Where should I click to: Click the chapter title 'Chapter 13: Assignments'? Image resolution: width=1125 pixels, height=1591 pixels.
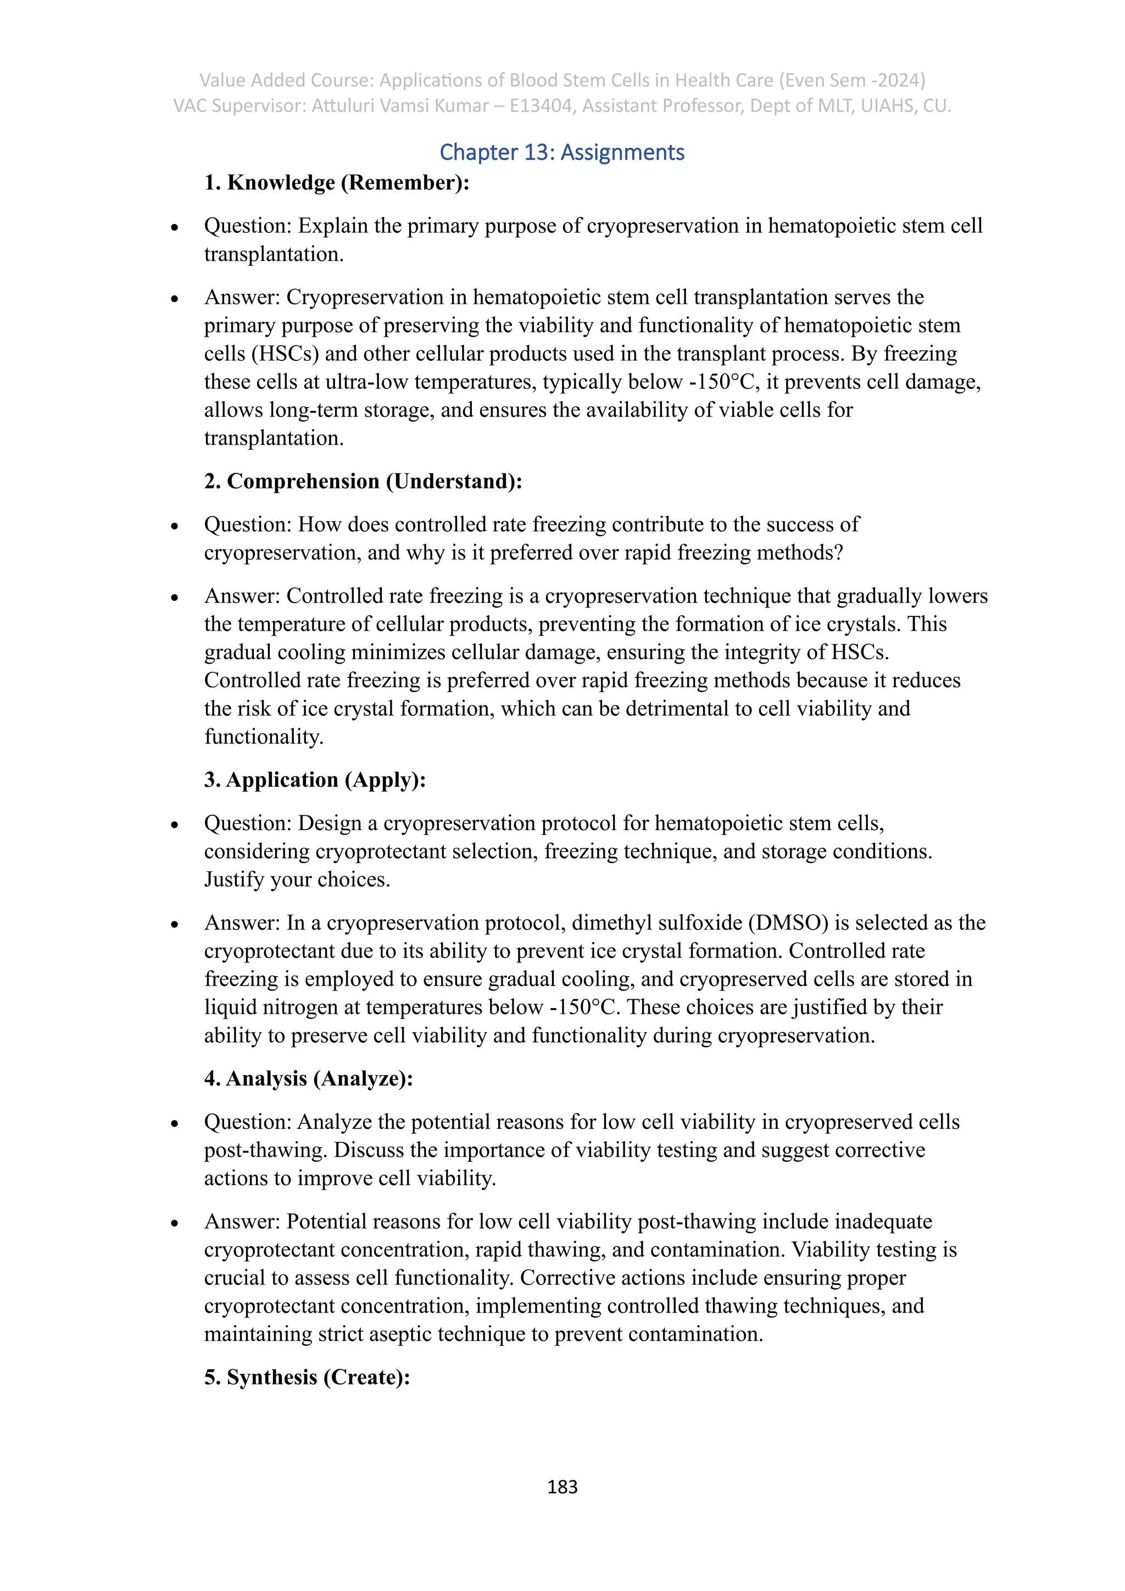coord(562,152)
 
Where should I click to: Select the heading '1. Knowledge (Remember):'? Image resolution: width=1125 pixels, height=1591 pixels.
coord(337,183)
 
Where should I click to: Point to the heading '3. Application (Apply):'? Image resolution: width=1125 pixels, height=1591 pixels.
coord(315,780)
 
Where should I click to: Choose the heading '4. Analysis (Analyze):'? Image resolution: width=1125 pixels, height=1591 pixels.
coord(308,1079)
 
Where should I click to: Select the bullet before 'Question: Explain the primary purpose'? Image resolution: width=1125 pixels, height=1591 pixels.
coord(175,228)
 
